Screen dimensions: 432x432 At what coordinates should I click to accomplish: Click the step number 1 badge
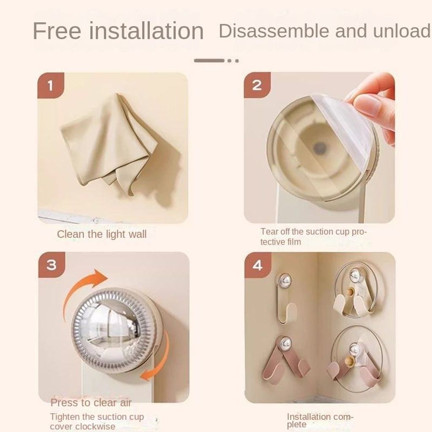click(51, 85)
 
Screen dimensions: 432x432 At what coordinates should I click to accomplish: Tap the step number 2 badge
click(257, 85)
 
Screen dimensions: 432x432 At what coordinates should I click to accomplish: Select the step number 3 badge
click(51, 265)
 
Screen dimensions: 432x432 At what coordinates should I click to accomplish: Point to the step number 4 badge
click(258, 265)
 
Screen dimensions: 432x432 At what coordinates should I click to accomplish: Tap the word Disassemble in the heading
click(273, 30)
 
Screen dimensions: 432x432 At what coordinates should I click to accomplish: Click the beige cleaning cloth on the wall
click(109, 144)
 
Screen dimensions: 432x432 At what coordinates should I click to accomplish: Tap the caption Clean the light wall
click(102, 234)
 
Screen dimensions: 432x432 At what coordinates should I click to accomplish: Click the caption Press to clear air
click(91, 403)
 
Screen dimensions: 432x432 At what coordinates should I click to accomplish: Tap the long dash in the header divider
click(209, 61)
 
